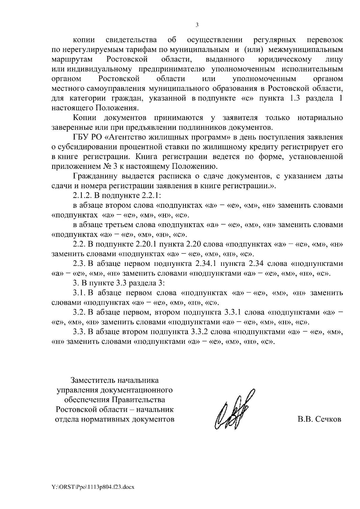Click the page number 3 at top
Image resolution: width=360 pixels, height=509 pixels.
pos(197,25)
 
